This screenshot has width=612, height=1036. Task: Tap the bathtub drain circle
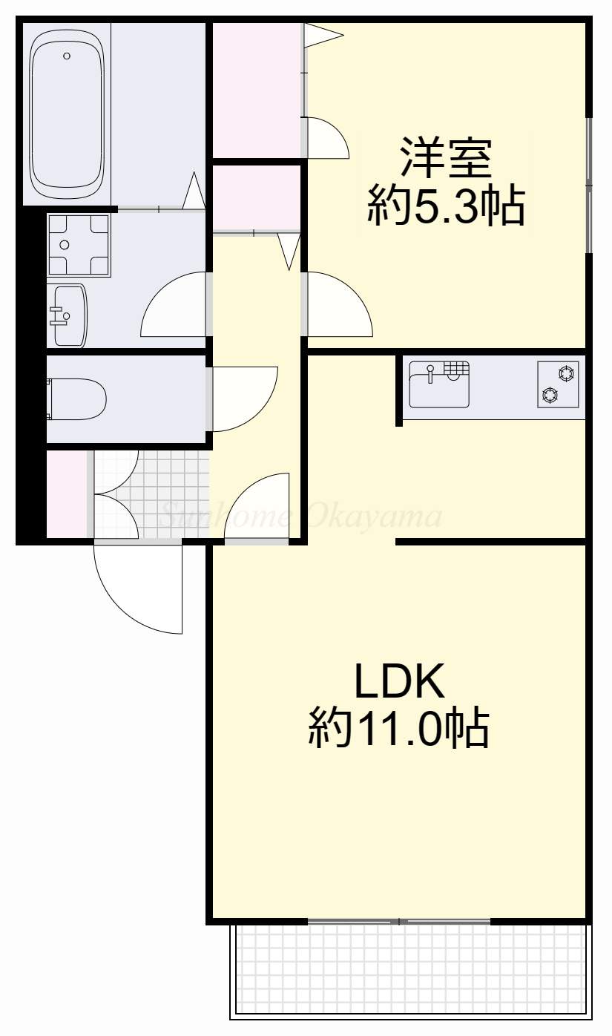[x=67, y=56]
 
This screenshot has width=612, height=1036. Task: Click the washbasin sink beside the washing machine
[x=68, y=316]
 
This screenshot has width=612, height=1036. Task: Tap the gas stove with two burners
[x=558, y=384]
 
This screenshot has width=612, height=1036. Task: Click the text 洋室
[x=445, y=157]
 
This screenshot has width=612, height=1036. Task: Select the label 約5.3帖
[x=445, y=207]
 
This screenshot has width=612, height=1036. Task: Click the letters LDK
[x=399, y=681]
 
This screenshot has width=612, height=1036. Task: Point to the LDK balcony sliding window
[x=399, y=922]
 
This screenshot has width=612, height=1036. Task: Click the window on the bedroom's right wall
[x=589, y=186]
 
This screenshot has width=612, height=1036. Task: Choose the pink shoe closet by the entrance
[x=67, y=494]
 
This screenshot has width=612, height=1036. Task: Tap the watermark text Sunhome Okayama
[x=300, y=515]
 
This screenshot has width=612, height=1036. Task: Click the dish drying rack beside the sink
[x=457, y=369]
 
